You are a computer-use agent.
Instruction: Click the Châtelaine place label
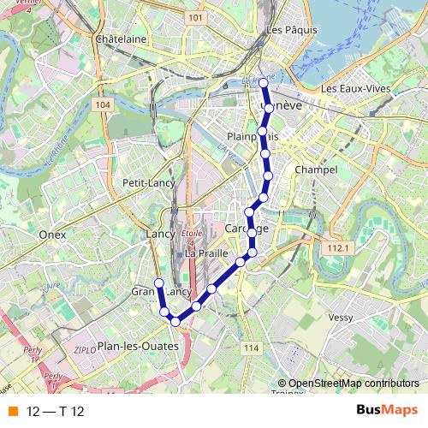point(122,39)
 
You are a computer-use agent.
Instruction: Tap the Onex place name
point(53,233)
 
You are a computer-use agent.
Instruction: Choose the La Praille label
point(206,254)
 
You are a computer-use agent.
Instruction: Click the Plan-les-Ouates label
point(138,346)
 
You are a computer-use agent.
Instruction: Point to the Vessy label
point(340,318)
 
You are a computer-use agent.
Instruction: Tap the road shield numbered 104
point(103,104)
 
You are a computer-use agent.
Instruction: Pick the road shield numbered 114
point(250,348)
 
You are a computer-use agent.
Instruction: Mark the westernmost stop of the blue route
point(158,283)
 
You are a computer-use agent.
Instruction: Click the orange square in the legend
point(12,412)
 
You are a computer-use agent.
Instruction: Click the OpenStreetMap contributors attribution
point(353,383)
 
